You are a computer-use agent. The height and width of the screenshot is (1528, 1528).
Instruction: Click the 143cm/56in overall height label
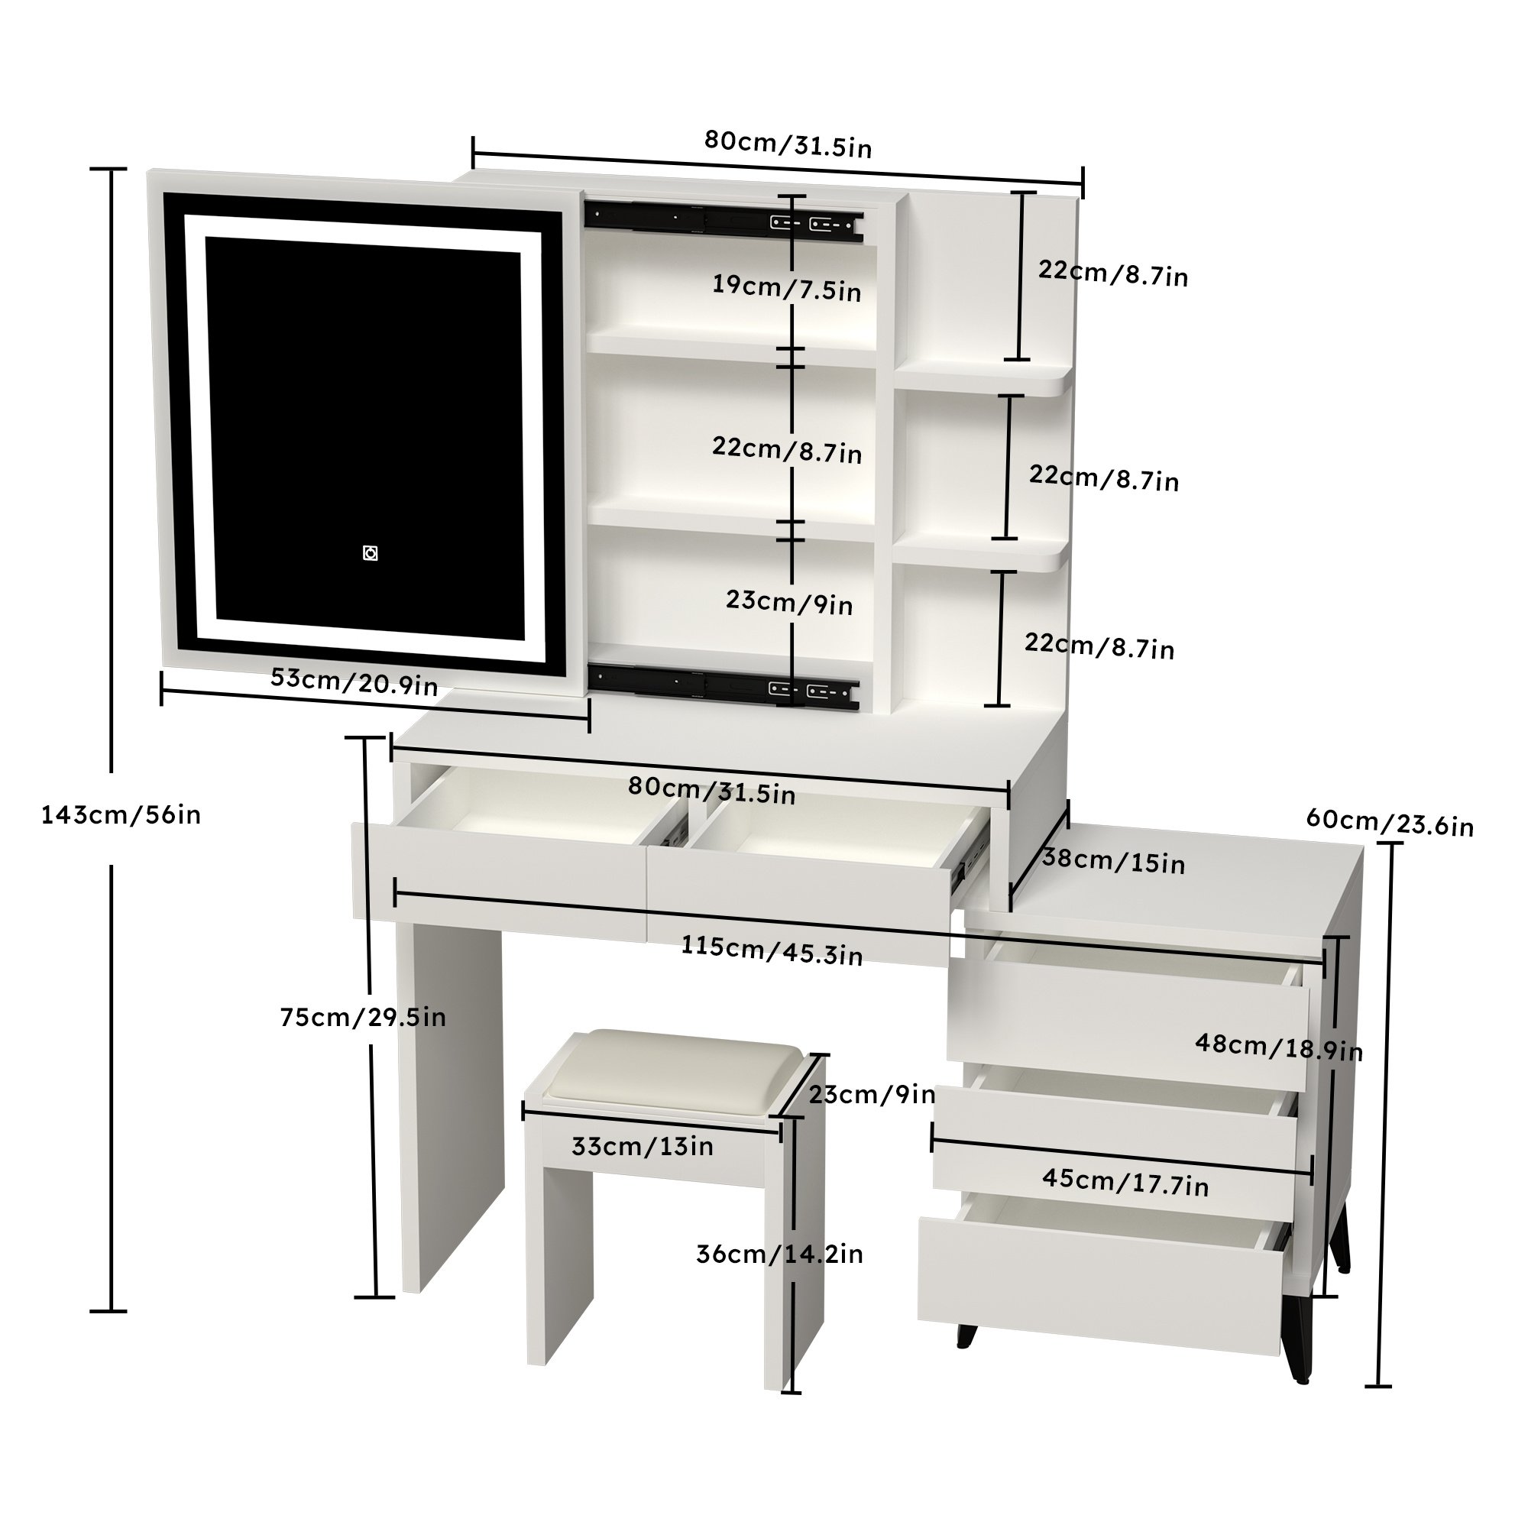tap(121, 814)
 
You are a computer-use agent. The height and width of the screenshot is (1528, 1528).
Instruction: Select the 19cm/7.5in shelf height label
tap(786, 287)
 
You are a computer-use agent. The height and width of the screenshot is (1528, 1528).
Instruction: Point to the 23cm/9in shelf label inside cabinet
tap(789, 602)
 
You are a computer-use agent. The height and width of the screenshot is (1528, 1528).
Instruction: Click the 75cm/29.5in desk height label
tap(363, 1016)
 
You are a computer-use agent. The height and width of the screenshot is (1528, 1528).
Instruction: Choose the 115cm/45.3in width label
tap(772, 950)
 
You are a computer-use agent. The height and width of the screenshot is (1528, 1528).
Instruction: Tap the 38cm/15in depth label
tap(1114, 859)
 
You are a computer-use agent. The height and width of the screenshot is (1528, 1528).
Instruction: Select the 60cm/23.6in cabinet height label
tap(1390, 822)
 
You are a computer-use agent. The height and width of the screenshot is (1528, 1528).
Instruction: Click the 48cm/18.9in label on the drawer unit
tap(1278, 1047)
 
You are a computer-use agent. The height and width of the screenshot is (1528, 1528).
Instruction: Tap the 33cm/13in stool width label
tap(643, 1146)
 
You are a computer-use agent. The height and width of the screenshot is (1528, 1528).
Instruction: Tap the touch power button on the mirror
tap(370, 553)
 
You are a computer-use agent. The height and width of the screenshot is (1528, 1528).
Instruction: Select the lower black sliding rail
tap(723, 685)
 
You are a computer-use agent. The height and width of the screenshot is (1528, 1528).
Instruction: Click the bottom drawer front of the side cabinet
tap(1099, 1285)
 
